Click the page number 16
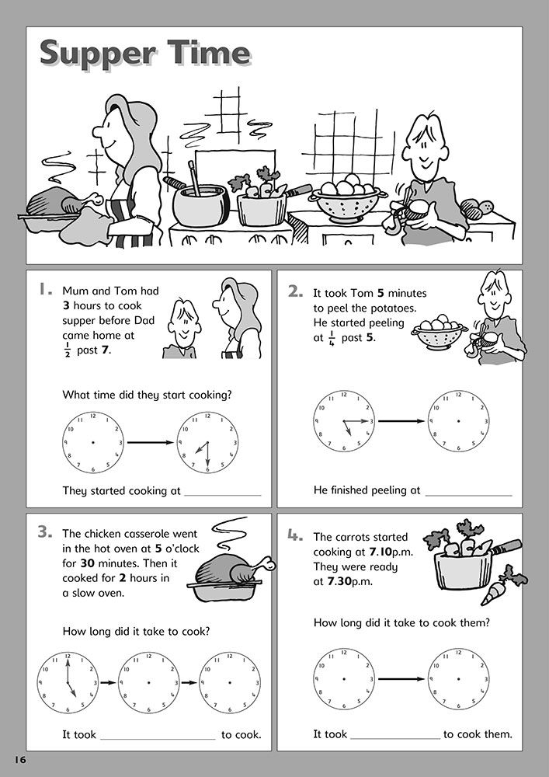[20, 756]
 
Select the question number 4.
[297, 535]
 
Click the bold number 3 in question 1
[67, 305]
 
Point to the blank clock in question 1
[92, 443]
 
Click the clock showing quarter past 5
[344, 420]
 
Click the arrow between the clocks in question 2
[401, 420]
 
